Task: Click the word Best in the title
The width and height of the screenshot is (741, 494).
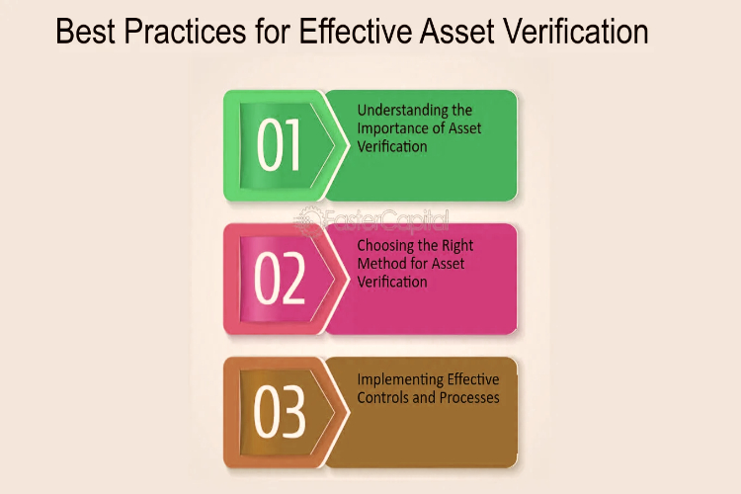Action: pos(85,32)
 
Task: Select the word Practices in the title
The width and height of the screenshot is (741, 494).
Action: pos(185,32)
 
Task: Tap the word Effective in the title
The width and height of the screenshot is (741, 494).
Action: pos(356,32)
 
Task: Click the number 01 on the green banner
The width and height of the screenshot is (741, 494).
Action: pos(279,144)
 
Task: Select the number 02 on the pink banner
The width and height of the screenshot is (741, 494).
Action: pos(279,278)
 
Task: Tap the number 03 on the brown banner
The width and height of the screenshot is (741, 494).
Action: pos(279,411)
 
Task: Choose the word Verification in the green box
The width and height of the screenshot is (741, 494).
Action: pos(392,146)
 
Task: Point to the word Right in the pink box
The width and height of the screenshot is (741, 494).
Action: pos(457,246)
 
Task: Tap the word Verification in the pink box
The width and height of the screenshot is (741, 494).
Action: pos(392,282)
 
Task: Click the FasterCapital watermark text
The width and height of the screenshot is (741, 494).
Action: pos(384,220)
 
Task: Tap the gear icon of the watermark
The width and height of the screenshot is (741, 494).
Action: pos(308,220)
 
